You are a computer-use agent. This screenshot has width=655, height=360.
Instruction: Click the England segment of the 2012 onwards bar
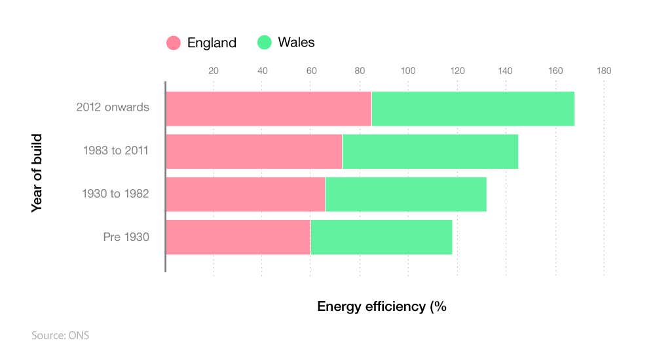click(x=268, y=109)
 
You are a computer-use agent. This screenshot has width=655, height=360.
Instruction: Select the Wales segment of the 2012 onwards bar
click(x=473, y=109)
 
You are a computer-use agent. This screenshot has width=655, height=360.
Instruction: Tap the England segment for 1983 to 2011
click(x=253, y=151)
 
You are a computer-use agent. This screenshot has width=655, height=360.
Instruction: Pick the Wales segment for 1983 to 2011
click(x=430, y=151)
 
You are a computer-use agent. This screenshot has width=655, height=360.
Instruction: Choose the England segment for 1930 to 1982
click(x=245, y=194)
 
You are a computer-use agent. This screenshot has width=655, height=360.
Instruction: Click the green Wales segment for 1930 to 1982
click(x=405, y=194)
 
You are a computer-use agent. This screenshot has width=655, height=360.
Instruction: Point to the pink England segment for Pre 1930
click(x=238, y=237)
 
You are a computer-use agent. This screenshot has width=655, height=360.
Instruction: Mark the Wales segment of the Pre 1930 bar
click(x=381, y=237)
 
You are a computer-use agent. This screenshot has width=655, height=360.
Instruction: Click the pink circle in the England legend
click(x=174, y=43)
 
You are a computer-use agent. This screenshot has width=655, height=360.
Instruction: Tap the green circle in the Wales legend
click(x=265, y=43)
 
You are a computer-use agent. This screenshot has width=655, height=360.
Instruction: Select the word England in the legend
click(x=212, y=43)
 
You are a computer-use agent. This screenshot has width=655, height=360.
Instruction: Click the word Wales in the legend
click(x=296, y=43)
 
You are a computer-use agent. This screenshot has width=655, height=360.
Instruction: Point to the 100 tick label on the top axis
click(x=407, y=71)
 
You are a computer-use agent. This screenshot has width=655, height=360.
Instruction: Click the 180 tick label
click(x=603, y=71)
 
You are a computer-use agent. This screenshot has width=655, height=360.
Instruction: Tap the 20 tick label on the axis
click(x=214, y=71)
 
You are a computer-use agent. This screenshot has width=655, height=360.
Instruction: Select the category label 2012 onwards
click(x=113, y=107)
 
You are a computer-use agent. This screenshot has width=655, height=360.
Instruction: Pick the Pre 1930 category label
click(x=126, y=237)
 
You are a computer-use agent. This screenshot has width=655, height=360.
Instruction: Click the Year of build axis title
click(x=37, y=173)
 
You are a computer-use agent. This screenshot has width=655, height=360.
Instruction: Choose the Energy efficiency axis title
click(x=381, y=306)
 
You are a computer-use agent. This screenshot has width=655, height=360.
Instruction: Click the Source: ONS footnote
click(x=60, y=336)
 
